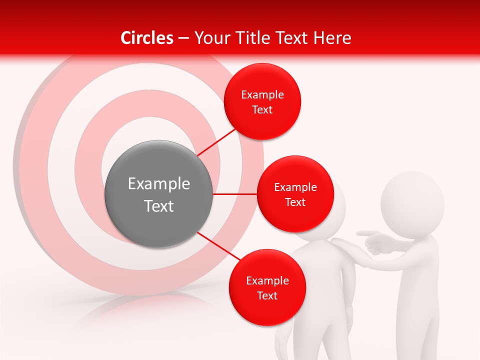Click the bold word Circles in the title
click(146, 38)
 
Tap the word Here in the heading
click(332, 38)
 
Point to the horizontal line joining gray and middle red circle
click(234, 194)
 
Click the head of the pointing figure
click(412, 202)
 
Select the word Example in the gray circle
click(158, 184)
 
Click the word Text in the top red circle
click(262, 110)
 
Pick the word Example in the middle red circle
click(295, 187)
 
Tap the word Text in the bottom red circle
click(267, 296)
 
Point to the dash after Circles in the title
click(183, 38)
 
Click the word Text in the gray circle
click(158, 206)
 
